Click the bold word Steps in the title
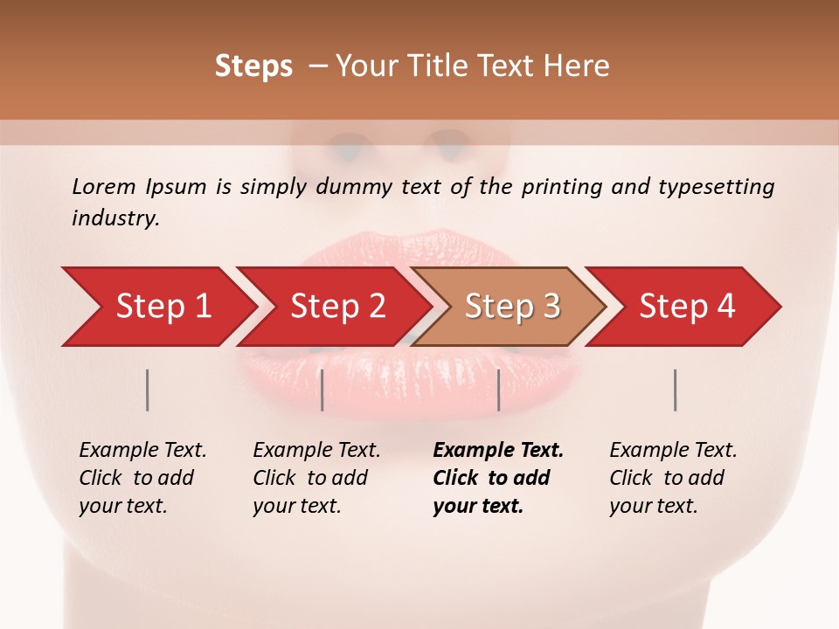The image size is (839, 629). [253, 66]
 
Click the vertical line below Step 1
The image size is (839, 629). [148, 390]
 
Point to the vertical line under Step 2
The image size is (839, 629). [322, 390]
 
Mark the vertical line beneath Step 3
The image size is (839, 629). [498, 390]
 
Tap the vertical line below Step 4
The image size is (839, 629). [675, 390]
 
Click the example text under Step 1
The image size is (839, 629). [142, 478]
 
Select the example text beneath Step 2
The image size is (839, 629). [316, 478]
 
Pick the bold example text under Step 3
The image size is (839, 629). [498, 478]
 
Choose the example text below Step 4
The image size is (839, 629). [673, 478]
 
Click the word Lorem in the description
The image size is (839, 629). [103, 187]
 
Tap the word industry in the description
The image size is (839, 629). [115, 218]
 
